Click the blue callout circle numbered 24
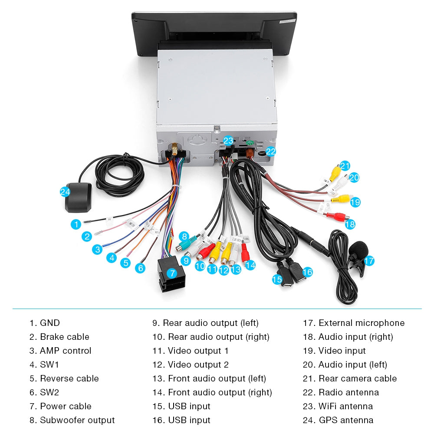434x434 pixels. [65, 191]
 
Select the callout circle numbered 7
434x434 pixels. [172, 273]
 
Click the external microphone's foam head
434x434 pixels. [358, 250]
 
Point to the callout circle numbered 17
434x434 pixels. [368, 261]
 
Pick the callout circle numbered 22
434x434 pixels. [271, 151]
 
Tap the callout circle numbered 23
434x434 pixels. [228, 141]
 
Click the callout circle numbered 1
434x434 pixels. [76, 224]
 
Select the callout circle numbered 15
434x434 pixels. [277, 279]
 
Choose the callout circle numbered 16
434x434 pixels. [307, 272]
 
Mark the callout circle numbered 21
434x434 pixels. [345, 166]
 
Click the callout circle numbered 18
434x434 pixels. [350, 224]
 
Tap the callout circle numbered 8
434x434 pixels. [184, 237]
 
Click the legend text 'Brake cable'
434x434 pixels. [64, 337]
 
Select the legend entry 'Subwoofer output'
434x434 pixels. [77, 420]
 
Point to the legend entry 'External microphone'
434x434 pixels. [361, 323]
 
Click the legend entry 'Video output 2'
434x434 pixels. [198, 365]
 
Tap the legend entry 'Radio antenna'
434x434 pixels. [349, 392]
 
